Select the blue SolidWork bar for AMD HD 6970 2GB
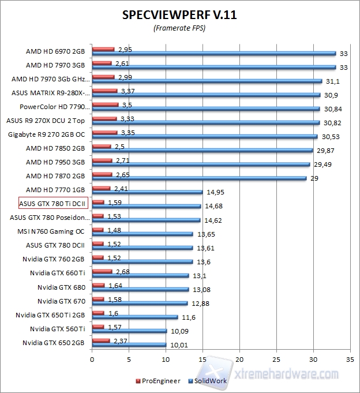coord(213,53)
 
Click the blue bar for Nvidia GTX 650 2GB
coord(129,345)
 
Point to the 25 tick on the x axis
coord(276,359)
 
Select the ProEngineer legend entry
coord(159,380)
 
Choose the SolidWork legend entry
coord(211,380)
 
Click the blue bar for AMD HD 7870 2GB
coord(199,178)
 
